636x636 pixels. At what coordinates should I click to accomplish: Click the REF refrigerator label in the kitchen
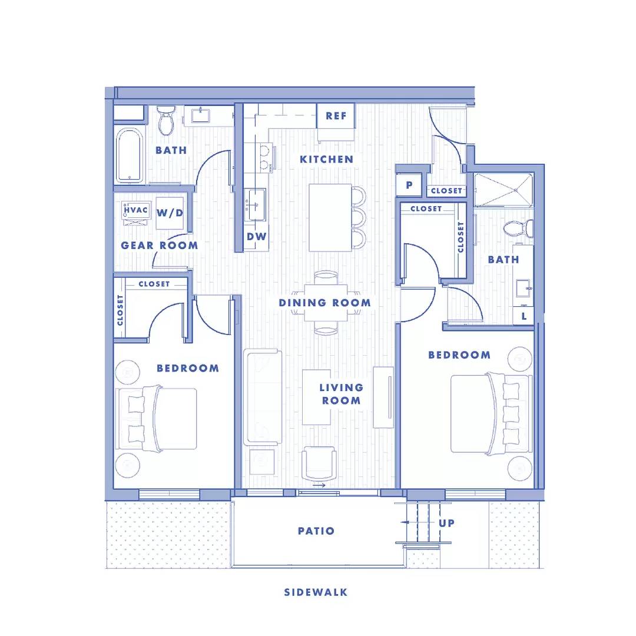click(336, 116)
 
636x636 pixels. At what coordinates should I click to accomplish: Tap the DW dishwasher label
click(256, 237)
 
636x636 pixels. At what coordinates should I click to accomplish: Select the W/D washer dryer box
click(170, 213)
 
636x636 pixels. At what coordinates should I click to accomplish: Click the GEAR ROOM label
click(159, 245)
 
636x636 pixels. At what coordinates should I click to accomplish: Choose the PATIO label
click(316, 531)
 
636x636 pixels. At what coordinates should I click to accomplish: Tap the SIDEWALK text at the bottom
click(316, 592)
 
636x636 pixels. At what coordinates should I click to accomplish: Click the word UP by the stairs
click(447, 523)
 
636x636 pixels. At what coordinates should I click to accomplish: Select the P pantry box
click(409, 185)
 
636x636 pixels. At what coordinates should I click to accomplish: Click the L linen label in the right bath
click(524, 316)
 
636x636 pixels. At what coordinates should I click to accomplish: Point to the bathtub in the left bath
click(129, 155)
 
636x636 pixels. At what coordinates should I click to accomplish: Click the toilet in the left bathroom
click(167, 120)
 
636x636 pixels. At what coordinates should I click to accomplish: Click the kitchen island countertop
click(330, 217)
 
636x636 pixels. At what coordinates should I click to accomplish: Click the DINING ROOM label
click(325, 303)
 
